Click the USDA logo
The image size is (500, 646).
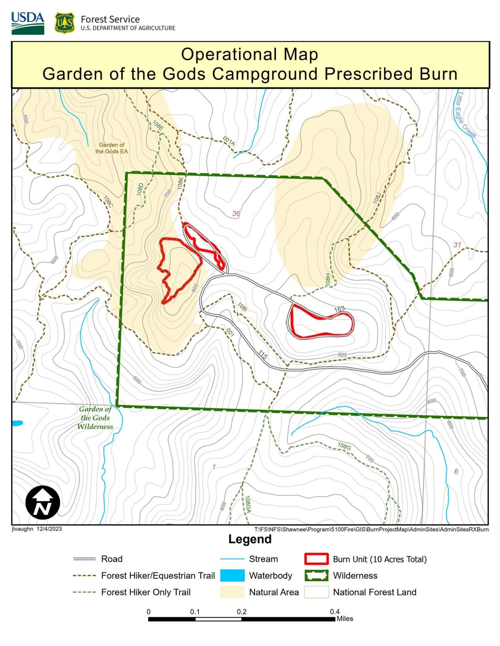pyautogui.click(x=28, y=23)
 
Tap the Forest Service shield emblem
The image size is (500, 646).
pyautogui.click(x=64, y=23)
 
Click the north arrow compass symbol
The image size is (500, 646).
pyautogui.click(x=43, y=502)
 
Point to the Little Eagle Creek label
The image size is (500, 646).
pyautogui.click(x=466, y=115)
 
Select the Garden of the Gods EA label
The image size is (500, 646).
pyautogui.click(x=111, y=148)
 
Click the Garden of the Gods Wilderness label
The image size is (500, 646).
pyautogui.click(x=95, y=418)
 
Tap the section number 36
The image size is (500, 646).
pyautogui.click(x=236, y=213)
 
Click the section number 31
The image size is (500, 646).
pyautogui.click(x=457, y=245)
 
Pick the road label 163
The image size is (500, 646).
pyautogui.click(x=340, y=309)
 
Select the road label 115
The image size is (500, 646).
pyautogui.click(x=263, y=355)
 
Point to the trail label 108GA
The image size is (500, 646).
pyautogui.click(x=248, y=504)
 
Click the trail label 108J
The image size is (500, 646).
pyautogui.click(x=377, y=198)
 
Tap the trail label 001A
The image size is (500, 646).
pyautogui.click(x=229, y=141)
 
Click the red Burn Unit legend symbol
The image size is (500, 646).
pyautogui.click(x=316, y=559)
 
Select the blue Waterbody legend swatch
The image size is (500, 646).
pyautogui.click(x=232, y=575)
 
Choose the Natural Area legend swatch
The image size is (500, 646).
pyautogui.click(x=232, y=592)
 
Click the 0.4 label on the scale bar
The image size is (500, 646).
pyautogui.click(x=335, y=611)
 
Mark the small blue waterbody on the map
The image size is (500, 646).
pyautogui.click(x=17, y=423)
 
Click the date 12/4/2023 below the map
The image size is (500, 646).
pyautogui.click(x=49, y=529)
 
